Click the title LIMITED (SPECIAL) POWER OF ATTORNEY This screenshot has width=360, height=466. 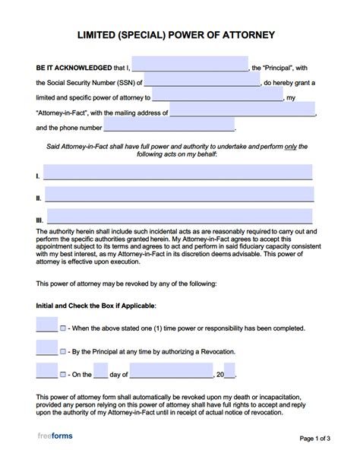[x=181, y=35]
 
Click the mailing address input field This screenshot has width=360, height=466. [x=242, y=111]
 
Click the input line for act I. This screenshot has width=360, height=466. [x=178, y=173]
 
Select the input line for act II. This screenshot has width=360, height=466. [x=178, y=195]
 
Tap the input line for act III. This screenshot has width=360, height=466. [x=180, y=216]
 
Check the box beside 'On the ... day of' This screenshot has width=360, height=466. [x=63, y=375]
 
